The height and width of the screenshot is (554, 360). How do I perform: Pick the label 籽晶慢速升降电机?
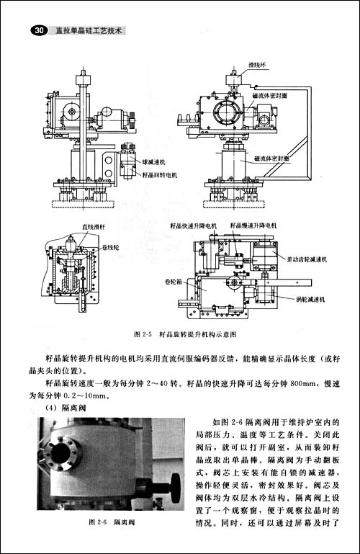tap(253, 225)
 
